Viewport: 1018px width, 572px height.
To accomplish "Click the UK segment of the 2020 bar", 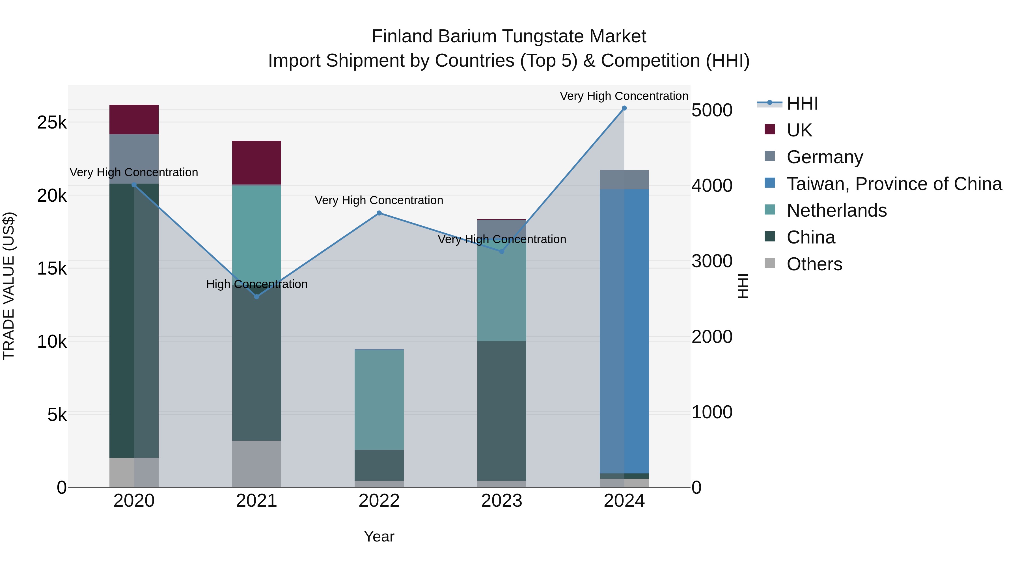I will (134, 119).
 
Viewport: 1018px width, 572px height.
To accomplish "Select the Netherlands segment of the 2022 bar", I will (379, 399).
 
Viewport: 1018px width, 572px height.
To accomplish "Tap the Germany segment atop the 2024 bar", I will (624, 180).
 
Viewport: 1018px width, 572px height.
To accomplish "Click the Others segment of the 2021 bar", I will (256, 464).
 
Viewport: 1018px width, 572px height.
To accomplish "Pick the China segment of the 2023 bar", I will (501, 410).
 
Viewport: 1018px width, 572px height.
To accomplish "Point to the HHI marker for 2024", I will (624, 108).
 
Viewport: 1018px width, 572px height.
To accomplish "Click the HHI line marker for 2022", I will (379, 213).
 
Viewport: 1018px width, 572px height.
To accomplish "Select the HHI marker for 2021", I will (256, 297).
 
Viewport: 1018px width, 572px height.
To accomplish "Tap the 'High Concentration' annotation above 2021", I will (256, 284).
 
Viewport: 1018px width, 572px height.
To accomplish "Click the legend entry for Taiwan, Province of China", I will (894, 184).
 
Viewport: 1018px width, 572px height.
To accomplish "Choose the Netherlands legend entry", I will (836, 210).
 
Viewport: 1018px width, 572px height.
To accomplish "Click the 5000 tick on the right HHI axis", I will (712, 110).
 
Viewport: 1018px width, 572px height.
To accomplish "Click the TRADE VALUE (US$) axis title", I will (9, 286).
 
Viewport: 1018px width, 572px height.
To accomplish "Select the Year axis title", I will (379, 536).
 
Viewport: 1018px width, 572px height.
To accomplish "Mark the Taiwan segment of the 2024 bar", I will (624, 332).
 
